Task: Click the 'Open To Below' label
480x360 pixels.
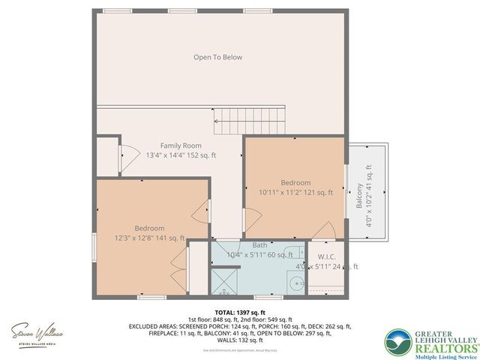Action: pos(217,57)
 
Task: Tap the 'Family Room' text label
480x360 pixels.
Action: pos(181,145)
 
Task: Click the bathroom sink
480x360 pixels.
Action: pos(297,283)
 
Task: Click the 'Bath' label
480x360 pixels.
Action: pos(259,245)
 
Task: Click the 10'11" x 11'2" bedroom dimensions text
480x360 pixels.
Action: pos(295,193)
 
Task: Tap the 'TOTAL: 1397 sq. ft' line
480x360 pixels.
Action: pos(239,311)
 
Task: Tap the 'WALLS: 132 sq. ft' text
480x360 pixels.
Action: pos(239,338)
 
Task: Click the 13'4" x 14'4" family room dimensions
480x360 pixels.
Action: pos(181,155)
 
